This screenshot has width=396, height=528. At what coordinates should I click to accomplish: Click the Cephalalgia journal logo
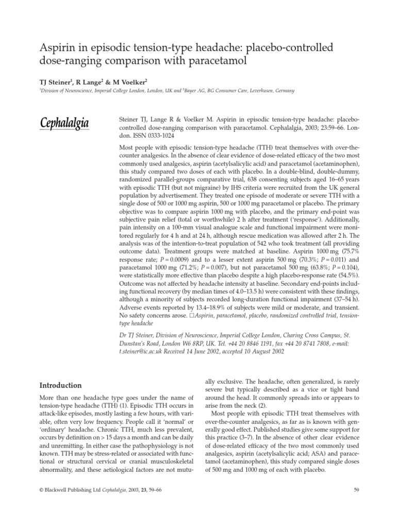point(64,123)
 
